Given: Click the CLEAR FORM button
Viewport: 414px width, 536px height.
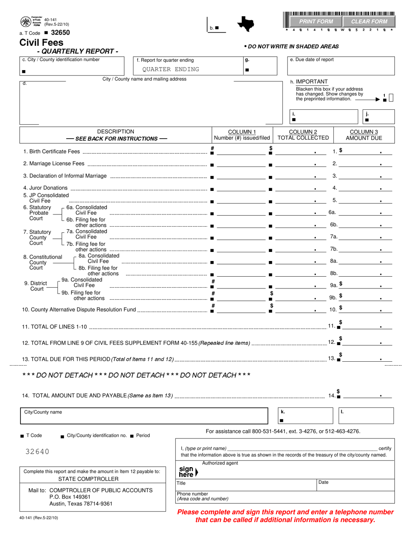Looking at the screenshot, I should (369, 21).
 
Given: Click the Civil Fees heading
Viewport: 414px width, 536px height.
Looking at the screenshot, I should (41, 43).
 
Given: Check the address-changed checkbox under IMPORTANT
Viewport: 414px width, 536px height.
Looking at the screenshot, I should (391, 98).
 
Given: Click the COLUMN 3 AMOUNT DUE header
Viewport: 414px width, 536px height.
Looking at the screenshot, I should (364, 135).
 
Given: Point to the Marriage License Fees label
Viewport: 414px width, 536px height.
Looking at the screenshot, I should (54, 164).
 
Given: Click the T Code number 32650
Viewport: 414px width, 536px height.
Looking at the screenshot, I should (60, 33).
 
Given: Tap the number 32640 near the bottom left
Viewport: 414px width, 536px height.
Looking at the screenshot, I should (37, 452).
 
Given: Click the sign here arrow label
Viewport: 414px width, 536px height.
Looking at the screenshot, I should (188, 472).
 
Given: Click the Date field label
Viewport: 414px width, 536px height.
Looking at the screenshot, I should (324, 482).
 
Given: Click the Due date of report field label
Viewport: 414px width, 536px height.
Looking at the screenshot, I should (312, 60).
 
